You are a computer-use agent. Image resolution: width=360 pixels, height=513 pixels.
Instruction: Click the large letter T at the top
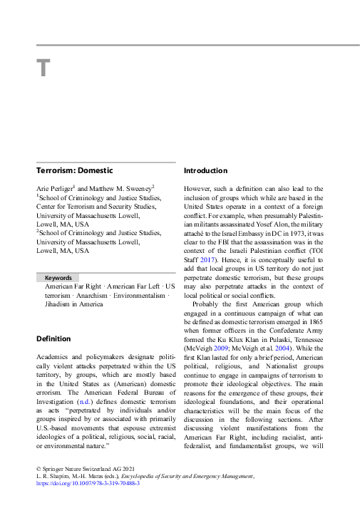43,68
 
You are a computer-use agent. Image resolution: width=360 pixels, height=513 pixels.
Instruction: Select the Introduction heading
206,171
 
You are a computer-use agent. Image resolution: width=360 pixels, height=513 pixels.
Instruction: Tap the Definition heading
53,338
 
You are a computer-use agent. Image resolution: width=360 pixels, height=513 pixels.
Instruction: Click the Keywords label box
58,277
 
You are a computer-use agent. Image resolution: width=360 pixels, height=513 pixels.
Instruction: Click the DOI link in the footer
88,482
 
